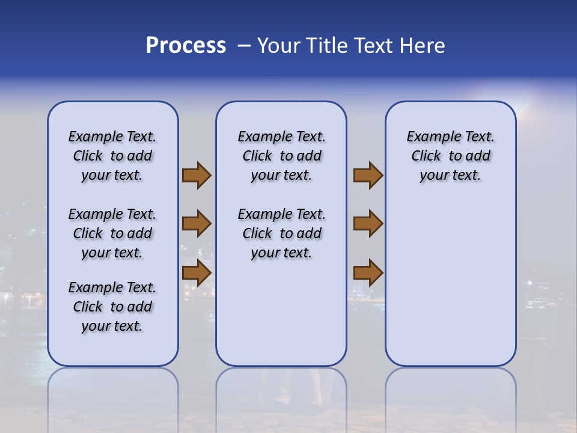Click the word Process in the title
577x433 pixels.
[x=185, y=46]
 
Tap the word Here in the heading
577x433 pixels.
[x=423, y=46]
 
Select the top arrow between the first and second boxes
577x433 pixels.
[x=196, y=176]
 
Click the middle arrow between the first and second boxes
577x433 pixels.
[x=196, y=224]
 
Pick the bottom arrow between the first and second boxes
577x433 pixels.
[x=196, y=273]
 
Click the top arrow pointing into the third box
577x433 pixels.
[x=368, y=176]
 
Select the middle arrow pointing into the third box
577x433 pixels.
[x=368, y=224]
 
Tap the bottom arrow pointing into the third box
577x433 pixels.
[x=368, y=273]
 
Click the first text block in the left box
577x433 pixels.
[x=112, y=156]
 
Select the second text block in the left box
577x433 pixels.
[x=112, y=233]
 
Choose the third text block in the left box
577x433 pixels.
[x=112, y=307]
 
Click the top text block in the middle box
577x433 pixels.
[x=281, y=156]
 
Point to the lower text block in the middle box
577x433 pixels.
[x=281, y=233]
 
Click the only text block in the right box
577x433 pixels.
[x=450, y=156]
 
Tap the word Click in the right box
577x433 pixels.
[x=426, y=156]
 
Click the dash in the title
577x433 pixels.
[x=243, y=46]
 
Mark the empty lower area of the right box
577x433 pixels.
[x=450, y=289]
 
